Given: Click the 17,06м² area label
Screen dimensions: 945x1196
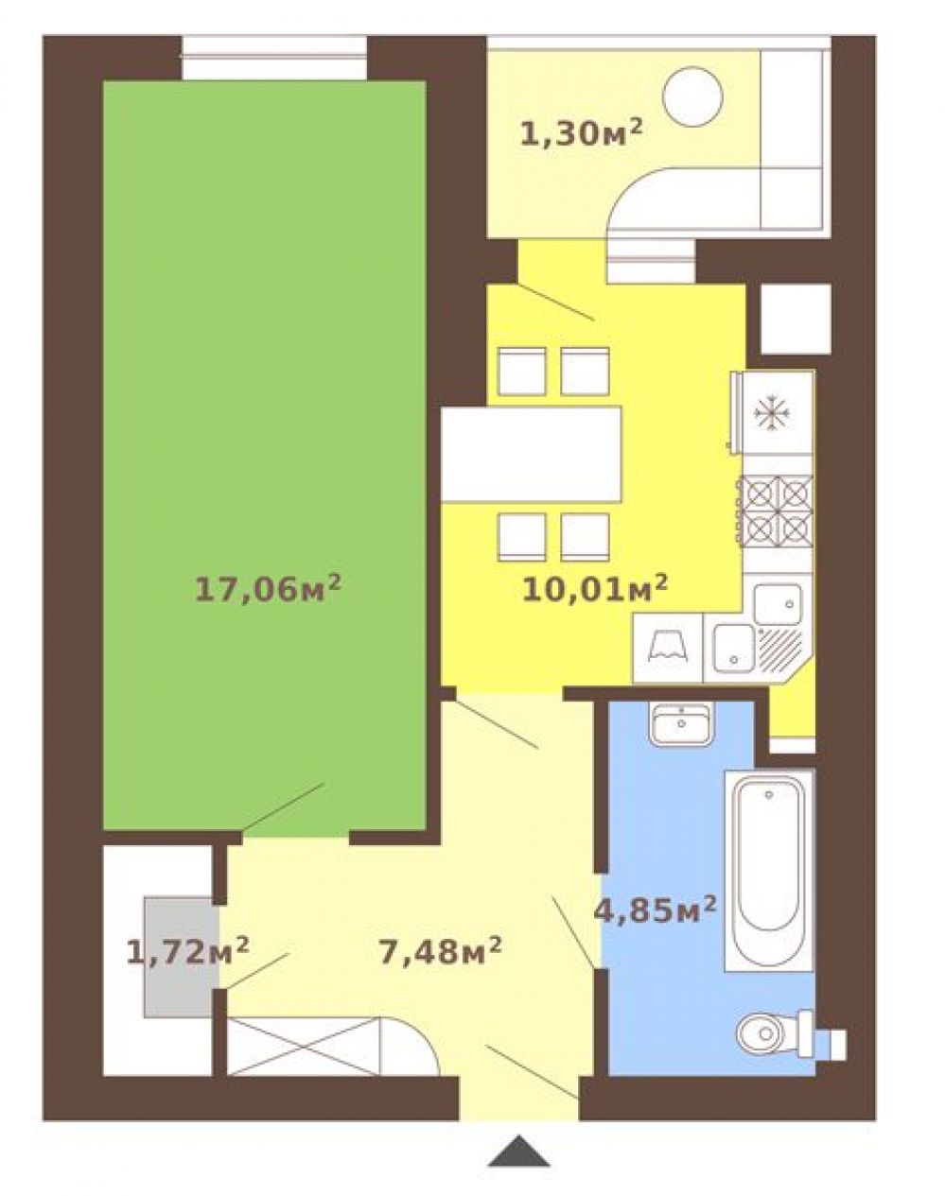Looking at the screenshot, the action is pyautogui.click(x=267, y=590).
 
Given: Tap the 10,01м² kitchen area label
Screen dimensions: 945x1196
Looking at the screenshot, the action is pyautogui.click(x=595, y=590).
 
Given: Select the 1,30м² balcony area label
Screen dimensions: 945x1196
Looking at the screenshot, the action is pyautogui.click(x=581, y=133).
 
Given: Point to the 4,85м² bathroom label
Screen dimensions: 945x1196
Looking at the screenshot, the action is pyautogui.click(x=655, y=910).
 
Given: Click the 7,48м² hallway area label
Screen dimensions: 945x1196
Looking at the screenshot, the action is pyautogui.click(x=441, y=952).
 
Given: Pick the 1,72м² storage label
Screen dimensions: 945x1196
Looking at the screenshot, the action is pyautogui.click(x=187, y=952).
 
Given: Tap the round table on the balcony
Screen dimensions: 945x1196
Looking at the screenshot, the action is pyautogui.click(x=693, y=96).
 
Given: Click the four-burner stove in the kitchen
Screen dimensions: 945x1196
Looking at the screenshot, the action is pyautogui.click(x=777, y=511).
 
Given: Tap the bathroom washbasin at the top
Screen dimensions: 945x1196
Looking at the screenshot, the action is pyautogui.click(x=681, y=723).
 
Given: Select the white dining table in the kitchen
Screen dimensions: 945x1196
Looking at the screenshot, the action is pyautogui.click(x=532, y=455).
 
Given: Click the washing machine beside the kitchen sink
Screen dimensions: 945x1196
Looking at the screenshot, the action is pyautogui.click(x=668, y=648).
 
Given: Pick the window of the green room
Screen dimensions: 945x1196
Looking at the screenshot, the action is pyautogui.click(x=274, y=58).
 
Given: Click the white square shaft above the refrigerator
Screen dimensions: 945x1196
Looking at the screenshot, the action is pyautogui.click(x=796, y=319).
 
